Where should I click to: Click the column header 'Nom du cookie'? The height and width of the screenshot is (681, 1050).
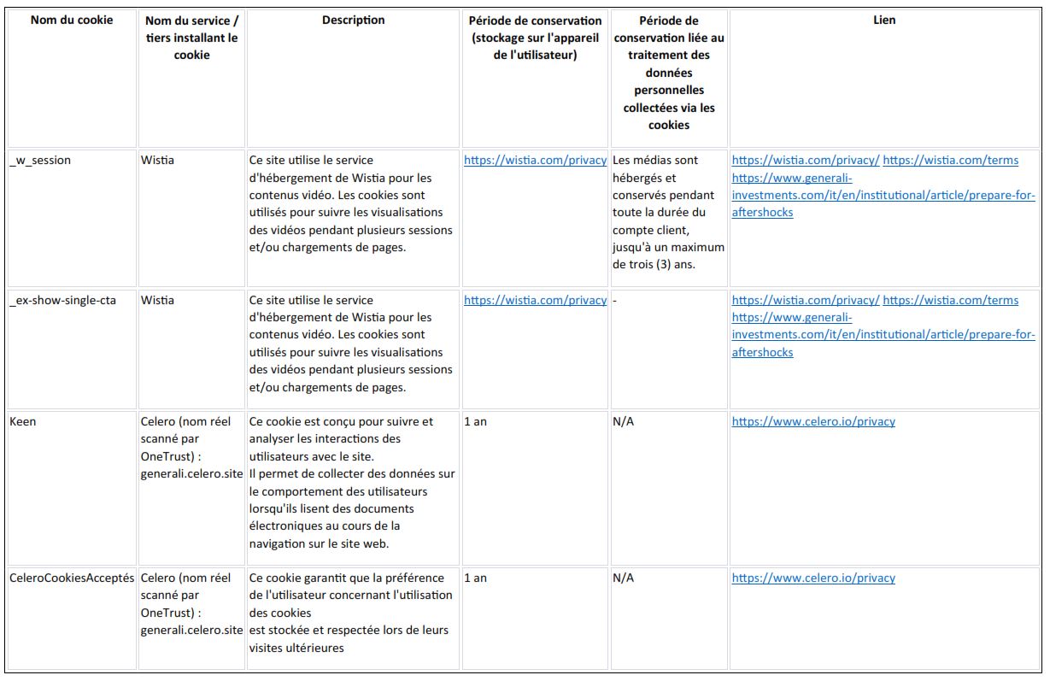coord(71,20)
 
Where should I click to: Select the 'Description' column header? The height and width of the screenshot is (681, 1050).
coord(353,20)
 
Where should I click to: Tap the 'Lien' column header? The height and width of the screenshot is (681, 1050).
coord(884,20)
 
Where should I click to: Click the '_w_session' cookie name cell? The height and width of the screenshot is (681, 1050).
coord(40,161)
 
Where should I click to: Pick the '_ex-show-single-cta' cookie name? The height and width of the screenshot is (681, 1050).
coord(62,301)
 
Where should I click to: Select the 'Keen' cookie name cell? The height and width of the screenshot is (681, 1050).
coord(23,422)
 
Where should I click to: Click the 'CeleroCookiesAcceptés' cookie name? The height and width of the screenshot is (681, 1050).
coord(72,578)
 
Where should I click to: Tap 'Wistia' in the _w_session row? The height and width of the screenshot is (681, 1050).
coord(157,161)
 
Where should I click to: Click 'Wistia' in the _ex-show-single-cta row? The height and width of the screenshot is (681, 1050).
coord(157,301)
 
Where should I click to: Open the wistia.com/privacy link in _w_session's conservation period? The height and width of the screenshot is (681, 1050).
coord(535,161)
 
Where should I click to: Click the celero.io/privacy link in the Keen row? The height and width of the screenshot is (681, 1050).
coord(813,422)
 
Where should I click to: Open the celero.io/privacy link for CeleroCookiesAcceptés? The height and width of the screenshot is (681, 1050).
coord(813,578)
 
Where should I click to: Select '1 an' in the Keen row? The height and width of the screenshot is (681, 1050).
coord(475,422)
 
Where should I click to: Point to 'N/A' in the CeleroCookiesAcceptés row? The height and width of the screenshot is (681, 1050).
coord(624,578)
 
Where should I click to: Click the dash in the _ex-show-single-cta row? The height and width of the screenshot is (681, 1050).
coord(615,301)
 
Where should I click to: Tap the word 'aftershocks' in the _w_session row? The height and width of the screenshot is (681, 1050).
coord(762,213)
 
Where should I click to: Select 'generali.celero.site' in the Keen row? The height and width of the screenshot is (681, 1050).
coord(192,474)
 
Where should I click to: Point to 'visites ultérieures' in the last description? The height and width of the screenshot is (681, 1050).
coord(296,648)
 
